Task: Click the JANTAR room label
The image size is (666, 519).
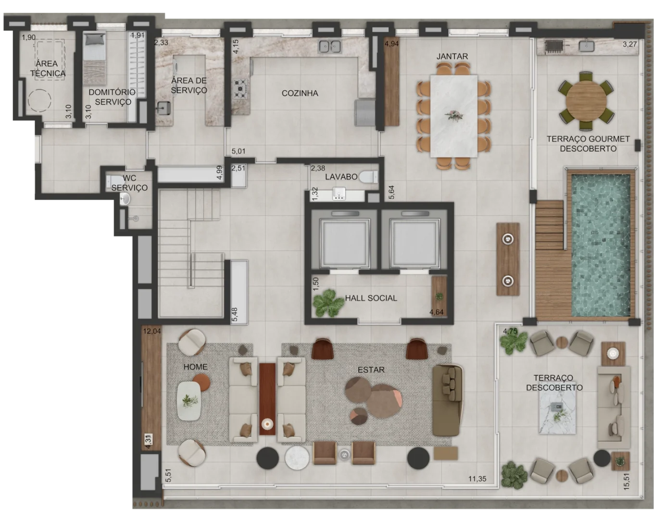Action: pyautogui.click(x=452, y=56)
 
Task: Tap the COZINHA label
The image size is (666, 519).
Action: pyautogui.click(x=300, y=93)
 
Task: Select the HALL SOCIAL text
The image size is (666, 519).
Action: pyautogui.click(x=371, y=298)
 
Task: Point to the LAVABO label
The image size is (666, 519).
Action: pyautogui.click(x=341, y=177)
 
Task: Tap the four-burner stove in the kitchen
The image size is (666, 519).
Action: pyautogui.click(x=240, y=89)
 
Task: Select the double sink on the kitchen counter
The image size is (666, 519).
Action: pyautogui.click(x=330, y=47)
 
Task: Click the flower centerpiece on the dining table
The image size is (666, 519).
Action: pyautogui.click(x=453, y=116)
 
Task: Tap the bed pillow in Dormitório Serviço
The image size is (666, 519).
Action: pyautogui.click(x=94, y=40)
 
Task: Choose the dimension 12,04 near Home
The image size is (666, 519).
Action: pyautogui.click(x=151, y=331)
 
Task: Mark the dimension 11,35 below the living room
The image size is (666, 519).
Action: pyautogui.click(x=477, y=479)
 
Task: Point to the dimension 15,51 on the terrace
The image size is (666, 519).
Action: pyautogui.click(x=626, y=482)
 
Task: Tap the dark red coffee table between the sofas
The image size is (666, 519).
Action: pyautogui.click(x=267, y=399)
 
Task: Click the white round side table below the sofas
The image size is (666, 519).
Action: pyautogui.click(x=297, y=458)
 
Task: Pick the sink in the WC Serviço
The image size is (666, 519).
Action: pyautogui.click(x=125, y=199)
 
